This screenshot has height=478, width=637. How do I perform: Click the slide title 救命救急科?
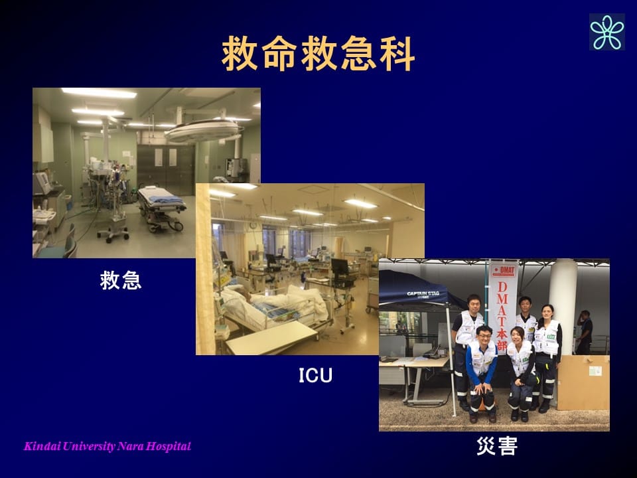pyautogui.click(x=318, y=54)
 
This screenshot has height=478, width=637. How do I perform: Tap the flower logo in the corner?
pyautogui.click(x=607, y=32)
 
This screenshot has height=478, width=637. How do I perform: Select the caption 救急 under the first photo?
pyautogui.click(x=121, y=280)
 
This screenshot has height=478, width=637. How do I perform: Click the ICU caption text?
pyautogui.click(x=315, y=375)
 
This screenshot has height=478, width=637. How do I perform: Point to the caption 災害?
pyautogui.click(x=497, y=446)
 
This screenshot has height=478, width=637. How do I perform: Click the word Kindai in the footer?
pyautogui.click(x=42, y=446)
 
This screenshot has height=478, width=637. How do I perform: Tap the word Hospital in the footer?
pyautogui.click(x=169, y=446)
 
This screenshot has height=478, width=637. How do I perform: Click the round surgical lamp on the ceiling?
pyautogui.click(x=202, y=131)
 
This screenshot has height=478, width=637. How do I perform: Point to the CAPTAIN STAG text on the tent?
pyautogui.click(x=423, y=294)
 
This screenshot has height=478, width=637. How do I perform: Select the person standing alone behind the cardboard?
pyautogui.click(x=584, y=332)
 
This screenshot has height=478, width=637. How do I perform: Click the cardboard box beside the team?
pyautogui.click(x=583, y=382)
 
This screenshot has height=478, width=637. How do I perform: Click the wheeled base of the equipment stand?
pyautogui.click(x=113, y=233)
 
